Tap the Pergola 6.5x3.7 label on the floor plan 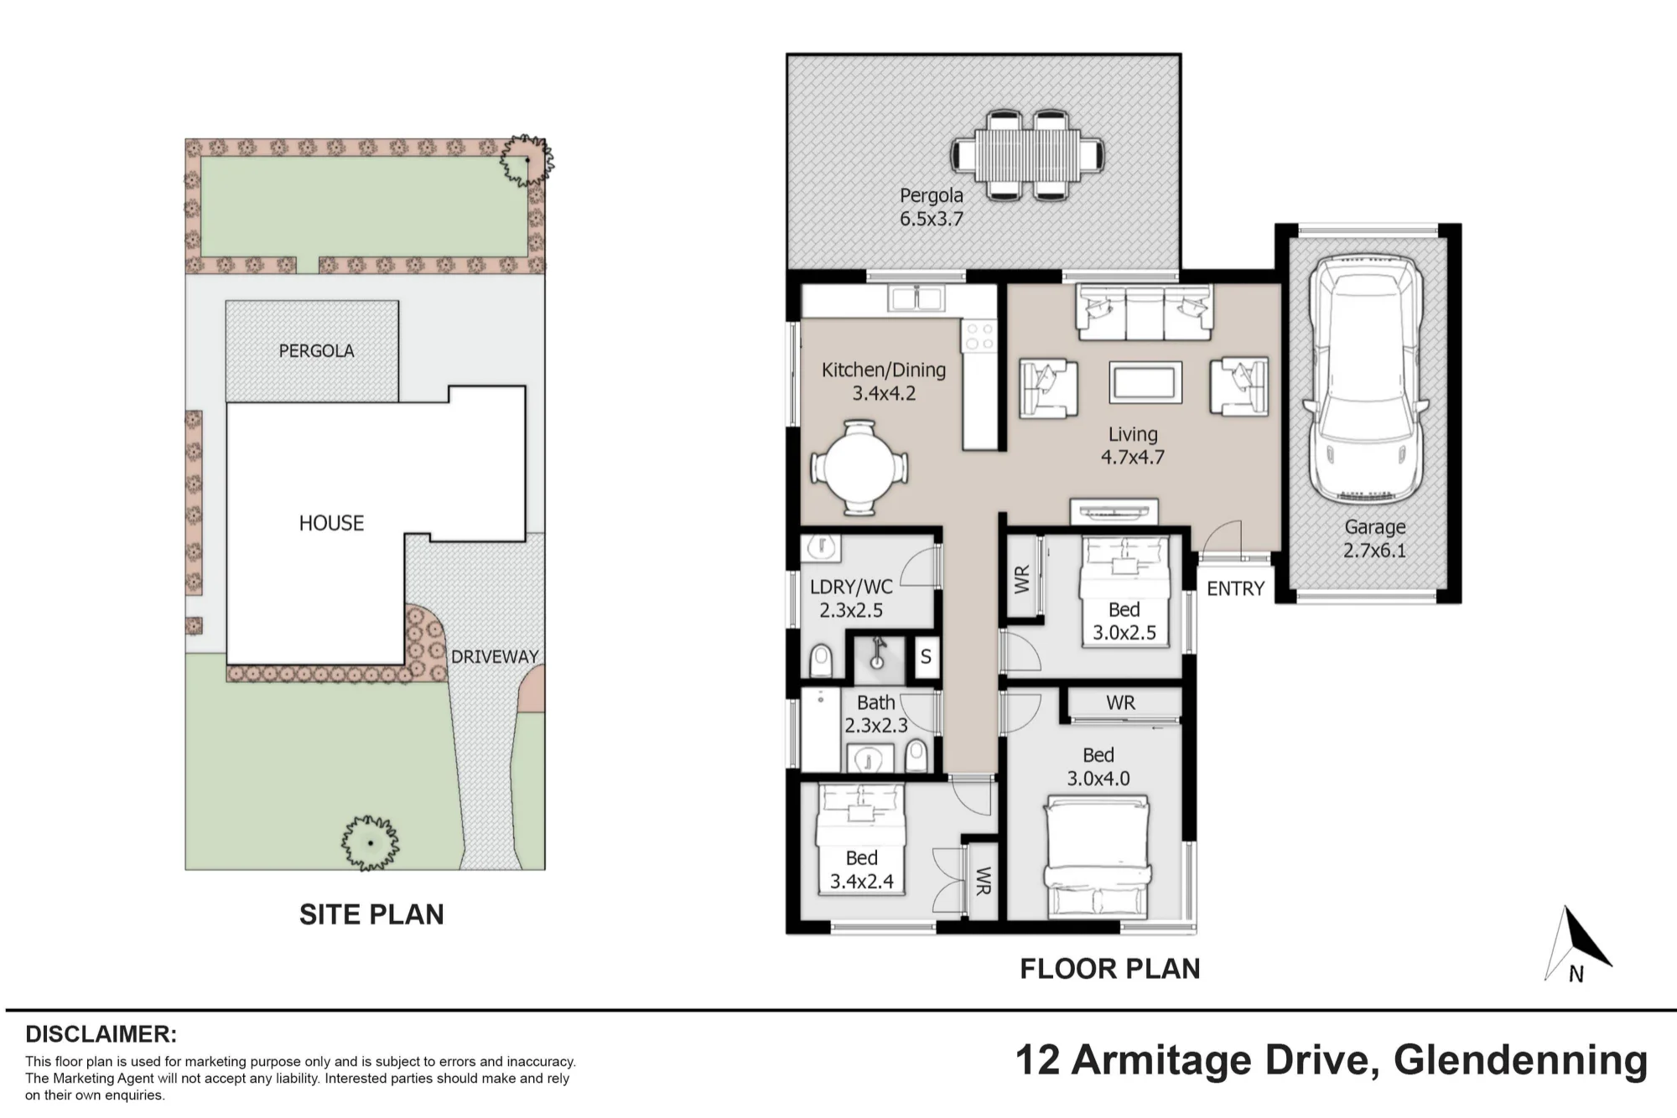click(932, 207)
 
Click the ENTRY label click(1235, 588)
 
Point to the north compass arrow click(1577, 944)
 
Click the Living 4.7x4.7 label click(1133, 445)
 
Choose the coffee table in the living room click(1145, 382)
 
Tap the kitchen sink click(917, 298)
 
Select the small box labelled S click(925, 656)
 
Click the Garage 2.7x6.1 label click(1375, 539)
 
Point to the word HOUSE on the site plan click(331, 523)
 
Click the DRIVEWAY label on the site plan click(495, 656)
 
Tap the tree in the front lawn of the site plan click(370, 842)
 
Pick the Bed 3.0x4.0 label click(1098, 767)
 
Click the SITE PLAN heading click(371, 914)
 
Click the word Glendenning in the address click(1521, 1060)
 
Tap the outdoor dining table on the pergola click(1027, 156)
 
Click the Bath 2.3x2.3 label click(875, 714)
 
